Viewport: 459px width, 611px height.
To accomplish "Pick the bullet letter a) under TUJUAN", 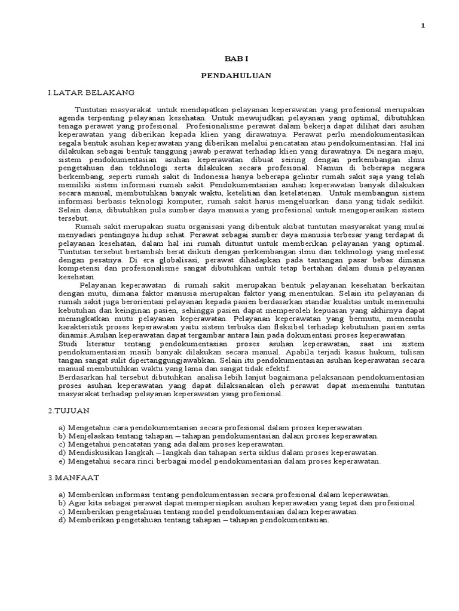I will coord(62,428).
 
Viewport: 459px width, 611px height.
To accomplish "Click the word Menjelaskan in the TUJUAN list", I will coord(90,436).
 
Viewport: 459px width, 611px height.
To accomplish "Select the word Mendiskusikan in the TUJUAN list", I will coord(94,453).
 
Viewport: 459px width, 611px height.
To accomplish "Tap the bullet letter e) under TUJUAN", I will coord(62,461).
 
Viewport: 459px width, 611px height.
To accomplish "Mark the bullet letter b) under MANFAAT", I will coord(62,503).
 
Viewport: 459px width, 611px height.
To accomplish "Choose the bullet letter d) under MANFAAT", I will coord(62,520).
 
